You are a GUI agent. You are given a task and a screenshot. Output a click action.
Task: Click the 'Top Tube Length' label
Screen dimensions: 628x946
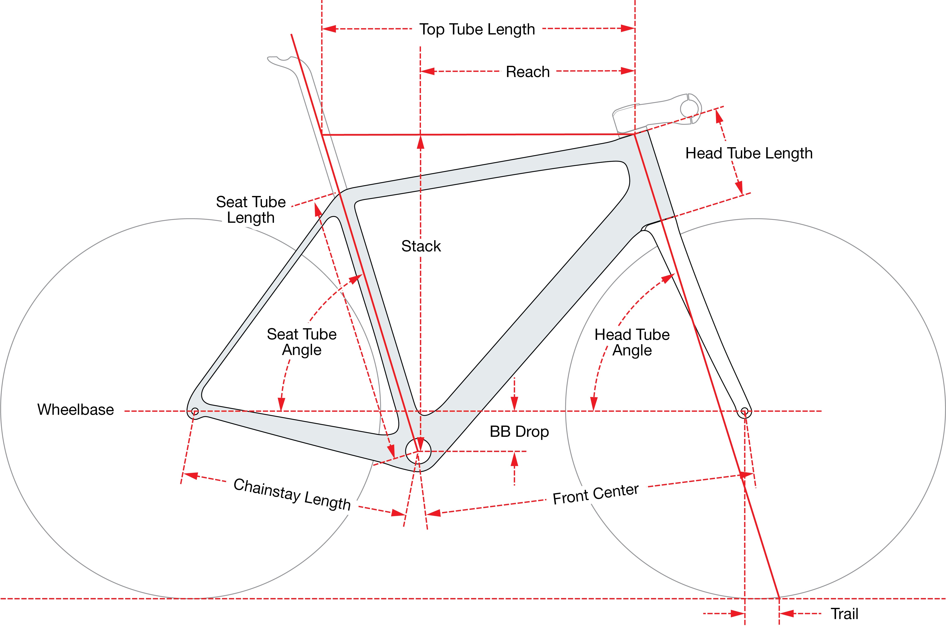477,29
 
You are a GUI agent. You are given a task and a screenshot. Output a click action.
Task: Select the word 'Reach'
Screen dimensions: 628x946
528,72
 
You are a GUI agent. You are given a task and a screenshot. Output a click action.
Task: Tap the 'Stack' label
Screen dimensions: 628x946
421,246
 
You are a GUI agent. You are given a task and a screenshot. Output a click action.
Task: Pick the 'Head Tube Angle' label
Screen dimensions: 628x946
632,342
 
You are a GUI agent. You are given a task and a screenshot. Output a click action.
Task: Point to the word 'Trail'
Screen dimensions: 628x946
844,614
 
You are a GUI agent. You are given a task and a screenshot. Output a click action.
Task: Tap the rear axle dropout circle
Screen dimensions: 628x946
195,411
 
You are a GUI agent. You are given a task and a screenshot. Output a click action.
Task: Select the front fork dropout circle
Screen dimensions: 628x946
744,411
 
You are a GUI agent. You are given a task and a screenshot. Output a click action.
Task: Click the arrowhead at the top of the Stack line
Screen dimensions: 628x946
420,142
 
